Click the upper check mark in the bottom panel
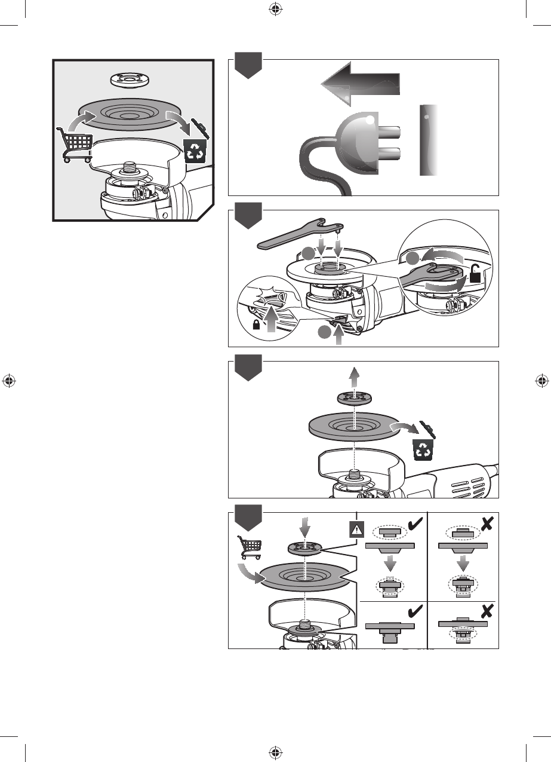tap(413, 525)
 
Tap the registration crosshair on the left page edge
tap(8, 381)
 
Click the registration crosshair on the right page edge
tap(542, 381)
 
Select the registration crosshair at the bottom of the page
tap(275, 752)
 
